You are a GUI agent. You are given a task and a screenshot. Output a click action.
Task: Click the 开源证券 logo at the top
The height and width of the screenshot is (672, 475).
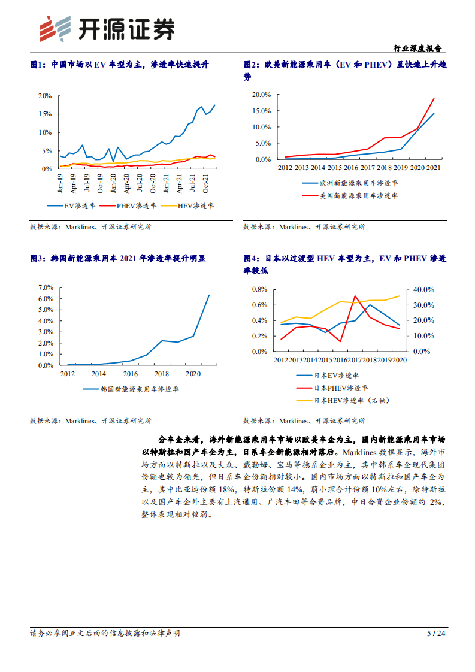pos(107,28)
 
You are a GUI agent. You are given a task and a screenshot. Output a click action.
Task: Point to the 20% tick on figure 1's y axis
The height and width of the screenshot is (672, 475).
pos(45,96)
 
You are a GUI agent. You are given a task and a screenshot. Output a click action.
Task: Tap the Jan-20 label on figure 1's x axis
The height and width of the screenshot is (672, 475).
pos(113,181)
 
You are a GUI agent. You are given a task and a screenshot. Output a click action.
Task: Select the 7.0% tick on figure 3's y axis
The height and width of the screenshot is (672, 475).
pos(46,287)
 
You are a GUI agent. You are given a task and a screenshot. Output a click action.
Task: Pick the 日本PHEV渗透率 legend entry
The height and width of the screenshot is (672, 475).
pos(335,388)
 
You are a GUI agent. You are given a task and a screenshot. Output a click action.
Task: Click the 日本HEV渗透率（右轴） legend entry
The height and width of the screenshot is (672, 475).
pos(347,400)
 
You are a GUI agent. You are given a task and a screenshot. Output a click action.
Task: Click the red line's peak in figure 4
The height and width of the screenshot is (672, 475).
pos(356,296)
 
